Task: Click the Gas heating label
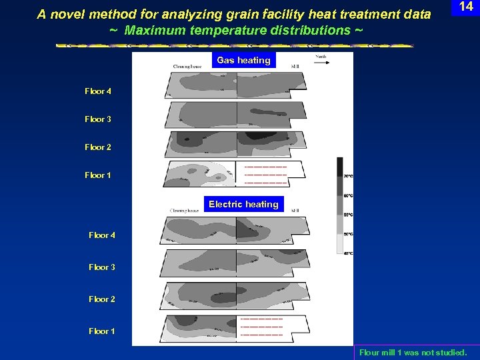[243, 60]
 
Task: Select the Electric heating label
[243, 204]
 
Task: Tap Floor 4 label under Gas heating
[98, 91]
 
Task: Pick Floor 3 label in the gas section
[98, 119]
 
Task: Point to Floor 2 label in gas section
[98, 147]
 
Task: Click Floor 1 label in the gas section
[98, 175]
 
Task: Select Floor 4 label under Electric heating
[102, 235]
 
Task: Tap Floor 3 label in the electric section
[102, 267]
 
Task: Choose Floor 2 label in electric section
[102, 299]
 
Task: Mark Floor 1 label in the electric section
[102, 331]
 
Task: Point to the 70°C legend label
[348, 176]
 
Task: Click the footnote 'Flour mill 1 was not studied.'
[413, 352]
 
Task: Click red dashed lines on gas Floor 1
[265, 175]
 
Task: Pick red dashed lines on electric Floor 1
[261, 326]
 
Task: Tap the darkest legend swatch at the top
[339, 165]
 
